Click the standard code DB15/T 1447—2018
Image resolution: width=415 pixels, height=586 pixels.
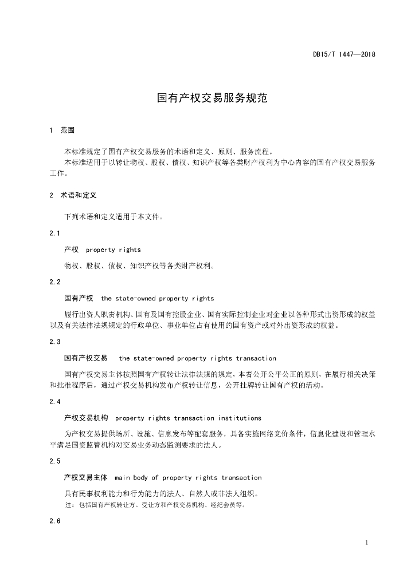pyautogui.click(x=344, y=55)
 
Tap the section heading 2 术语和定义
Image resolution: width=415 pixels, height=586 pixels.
pyautogui.click(x=73, y=195)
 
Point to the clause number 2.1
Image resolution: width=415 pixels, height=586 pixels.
pyautogui.click(x=55, y=233)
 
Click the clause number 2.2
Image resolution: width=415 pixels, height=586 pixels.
pyautogui.click(x=55, y=282)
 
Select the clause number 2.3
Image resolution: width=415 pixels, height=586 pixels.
pyautogui.click(x=55, y=342)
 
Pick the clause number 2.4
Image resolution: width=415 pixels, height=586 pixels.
pyautogui.click(x=55, y=402)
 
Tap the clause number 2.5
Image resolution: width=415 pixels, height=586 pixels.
pyautogui.click(x=55, y=461)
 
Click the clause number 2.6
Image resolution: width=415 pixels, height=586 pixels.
pyautogui.click(x=55, y=521)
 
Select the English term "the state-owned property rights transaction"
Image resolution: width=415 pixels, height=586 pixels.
pyautogui.click(x=197, y=358)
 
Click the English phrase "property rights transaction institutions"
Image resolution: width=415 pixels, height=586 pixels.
pyautogui.click(x=188, y=418)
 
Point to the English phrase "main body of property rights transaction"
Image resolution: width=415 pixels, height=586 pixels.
pyautogui.click(x=188, y=478)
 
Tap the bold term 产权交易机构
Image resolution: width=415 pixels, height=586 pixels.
pyautogui.click(x=85, y=418)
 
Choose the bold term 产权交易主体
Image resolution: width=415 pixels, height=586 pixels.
pyautogui.click(x=85, y=478)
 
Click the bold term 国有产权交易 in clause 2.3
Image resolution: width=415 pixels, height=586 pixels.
pyautogui.click(x=85, y=358)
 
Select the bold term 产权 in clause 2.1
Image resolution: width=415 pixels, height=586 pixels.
pyautogui.click(x=71, y=250)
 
